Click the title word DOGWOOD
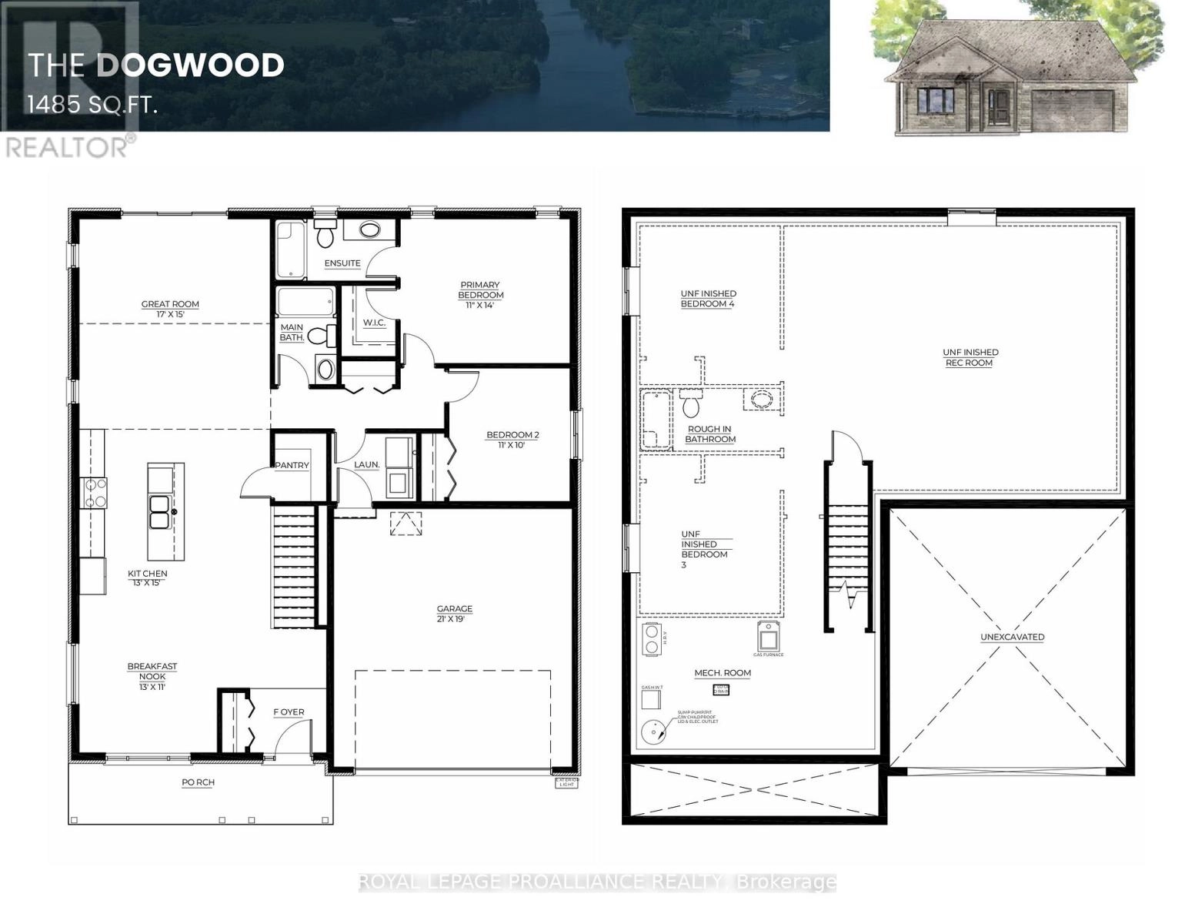click(x=190, y=65)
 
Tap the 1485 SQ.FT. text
click(x=92, y=105)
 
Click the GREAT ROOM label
click(x=170, y=309)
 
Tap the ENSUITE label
click(x=342, y=263)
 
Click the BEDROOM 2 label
click(x=512, y=440)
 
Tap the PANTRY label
click(x=292, y=465)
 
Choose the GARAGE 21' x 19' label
click(x=453, y=613)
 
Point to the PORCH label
click(x=198, y=782)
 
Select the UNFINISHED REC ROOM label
click(x=970, y=357)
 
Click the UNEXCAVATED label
click(x=1012, y=637)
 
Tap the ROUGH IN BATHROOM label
click(x=709, y=434)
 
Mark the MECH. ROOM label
click(x=723, y=673)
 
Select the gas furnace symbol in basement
click(x=769, y=637)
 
